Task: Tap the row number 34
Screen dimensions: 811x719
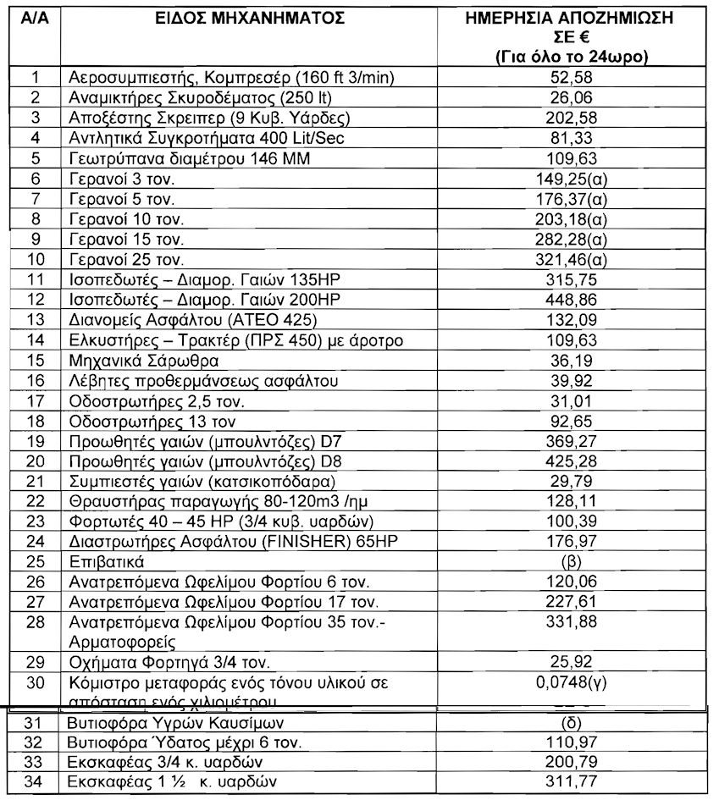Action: click(x=35, y=780)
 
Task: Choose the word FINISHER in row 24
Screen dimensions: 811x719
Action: click(x=292, y=542)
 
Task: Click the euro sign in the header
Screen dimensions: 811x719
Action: click(x=591, y=38)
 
